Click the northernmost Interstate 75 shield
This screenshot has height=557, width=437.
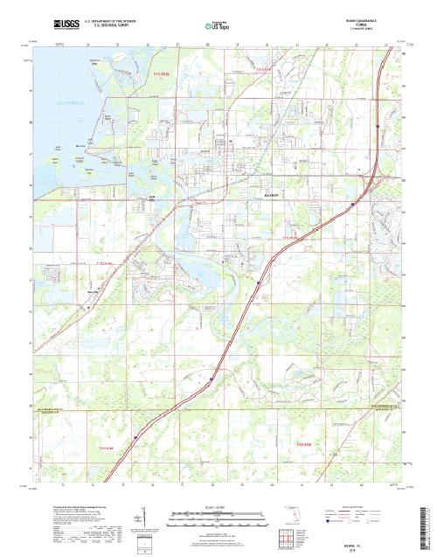(378, 128)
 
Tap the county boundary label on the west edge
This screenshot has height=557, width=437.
(51, 409)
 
